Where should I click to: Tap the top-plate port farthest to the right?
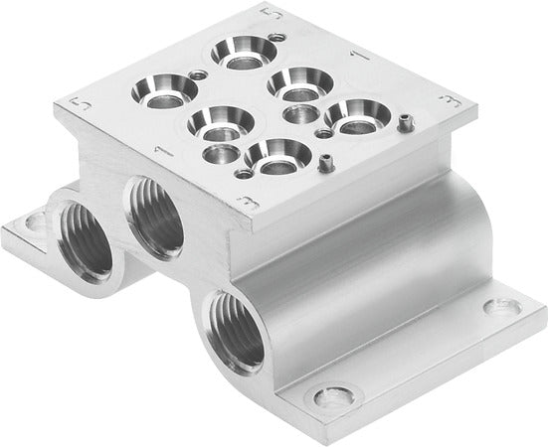[x=348, y=114]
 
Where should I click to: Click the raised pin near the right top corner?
[x=407, y=123]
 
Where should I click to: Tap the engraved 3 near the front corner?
[x=243, y=204]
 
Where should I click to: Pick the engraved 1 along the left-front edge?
[x=158, y=152]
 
